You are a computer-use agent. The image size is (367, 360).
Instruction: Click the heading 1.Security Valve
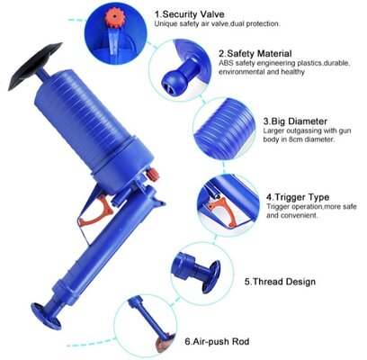(x=189, y=14)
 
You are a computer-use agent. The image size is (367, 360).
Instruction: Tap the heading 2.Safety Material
(x=255, y=54)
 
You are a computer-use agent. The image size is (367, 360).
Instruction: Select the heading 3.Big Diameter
(x=295, y=121)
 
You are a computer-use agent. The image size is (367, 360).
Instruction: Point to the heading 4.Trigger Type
(x=298, y=197)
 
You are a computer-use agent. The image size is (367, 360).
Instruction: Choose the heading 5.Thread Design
(x=280, y=282)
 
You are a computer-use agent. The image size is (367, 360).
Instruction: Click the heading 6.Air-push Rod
(x=217, y=341)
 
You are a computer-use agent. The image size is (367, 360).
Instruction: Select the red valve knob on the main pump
(x=153, y=175)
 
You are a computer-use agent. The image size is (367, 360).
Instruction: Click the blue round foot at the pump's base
(x=46, y=316)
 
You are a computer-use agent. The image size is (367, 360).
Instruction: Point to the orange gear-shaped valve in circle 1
(x=114, y=18)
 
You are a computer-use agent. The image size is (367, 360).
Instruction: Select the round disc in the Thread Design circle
(x=211, y=276)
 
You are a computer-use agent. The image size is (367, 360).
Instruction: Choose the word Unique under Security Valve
(x=164, y=23)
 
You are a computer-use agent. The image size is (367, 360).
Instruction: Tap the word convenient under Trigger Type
(x=298, y=215)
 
